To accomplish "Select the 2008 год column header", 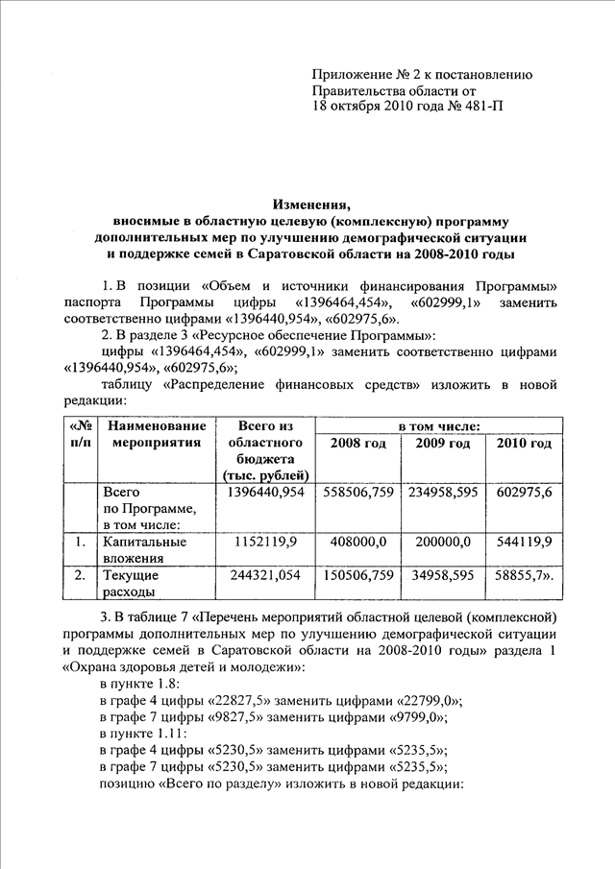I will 357,443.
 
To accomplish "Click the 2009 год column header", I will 442,443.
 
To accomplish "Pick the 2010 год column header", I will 524,443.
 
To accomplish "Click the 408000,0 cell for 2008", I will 357,542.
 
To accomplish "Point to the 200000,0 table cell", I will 443,542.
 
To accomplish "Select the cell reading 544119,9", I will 525,542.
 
